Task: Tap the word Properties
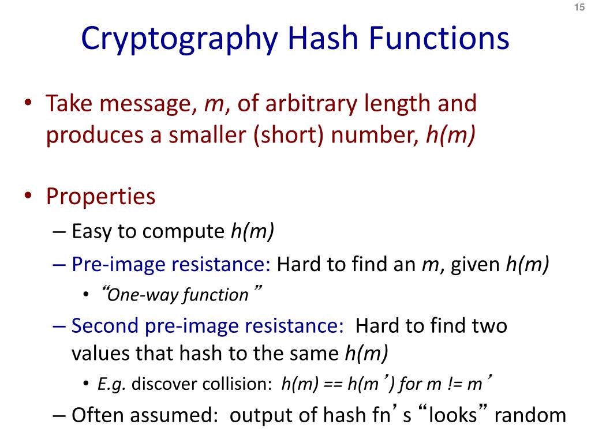[101, 197]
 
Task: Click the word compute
[184, 232]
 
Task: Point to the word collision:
[241, 384]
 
